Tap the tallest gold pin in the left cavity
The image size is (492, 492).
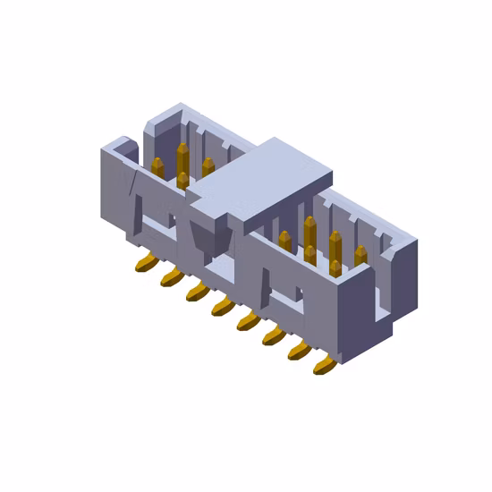click(182, 161)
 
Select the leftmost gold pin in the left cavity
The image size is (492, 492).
click(157, 167)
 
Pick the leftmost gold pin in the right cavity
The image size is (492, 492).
click(284, 241)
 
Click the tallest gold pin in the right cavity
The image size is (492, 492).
click(310, 234)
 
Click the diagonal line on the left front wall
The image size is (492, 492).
click(134, 191)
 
